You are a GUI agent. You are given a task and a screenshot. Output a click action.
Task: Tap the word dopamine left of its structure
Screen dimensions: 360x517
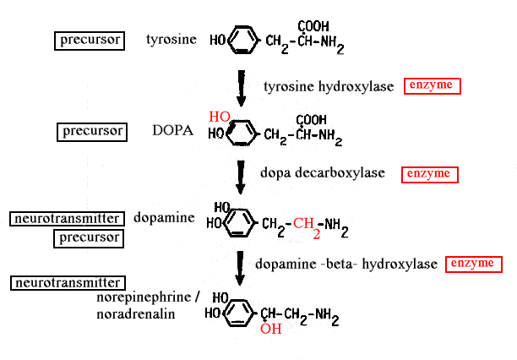coord(164,217)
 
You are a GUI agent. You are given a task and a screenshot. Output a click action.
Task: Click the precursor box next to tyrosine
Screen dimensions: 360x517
coord(90,39)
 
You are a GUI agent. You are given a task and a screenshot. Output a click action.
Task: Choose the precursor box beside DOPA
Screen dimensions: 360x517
coord(94,131)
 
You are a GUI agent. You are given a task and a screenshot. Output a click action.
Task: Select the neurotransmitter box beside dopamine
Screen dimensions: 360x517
coord(64,218)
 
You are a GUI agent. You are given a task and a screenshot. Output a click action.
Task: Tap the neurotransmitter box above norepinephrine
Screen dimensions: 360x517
coord(65,282)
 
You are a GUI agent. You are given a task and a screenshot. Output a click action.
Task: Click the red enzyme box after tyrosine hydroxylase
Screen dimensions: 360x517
coord(432,85)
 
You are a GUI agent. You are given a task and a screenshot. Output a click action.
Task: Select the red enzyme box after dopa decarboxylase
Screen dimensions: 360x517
coord(430,174)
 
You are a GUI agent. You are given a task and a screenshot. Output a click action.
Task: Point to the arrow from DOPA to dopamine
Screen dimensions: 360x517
coord(242,177)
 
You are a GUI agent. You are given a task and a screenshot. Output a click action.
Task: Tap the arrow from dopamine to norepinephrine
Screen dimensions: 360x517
coord(242,267)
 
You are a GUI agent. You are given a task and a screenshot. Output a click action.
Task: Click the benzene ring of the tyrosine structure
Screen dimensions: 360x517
coord(242,40)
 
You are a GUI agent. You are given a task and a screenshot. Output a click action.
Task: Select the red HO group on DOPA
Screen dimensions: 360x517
coord(220,117)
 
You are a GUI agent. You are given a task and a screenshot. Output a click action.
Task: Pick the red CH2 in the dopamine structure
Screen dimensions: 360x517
coord(305,226)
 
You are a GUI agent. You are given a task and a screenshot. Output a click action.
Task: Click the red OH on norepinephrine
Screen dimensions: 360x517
coord(270,329)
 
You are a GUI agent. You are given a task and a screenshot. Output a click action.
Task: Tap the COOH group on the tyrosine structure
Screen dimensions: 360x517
coord(313,25)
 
